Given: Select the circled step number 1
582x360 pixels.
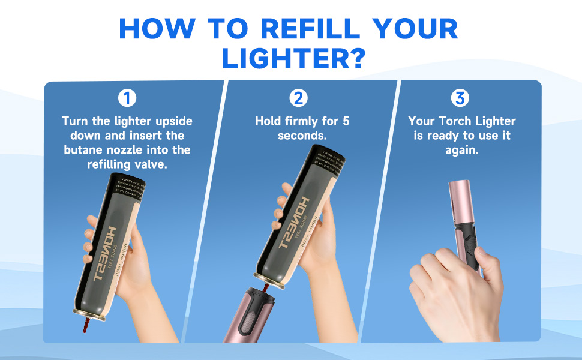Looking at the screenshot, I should (x=127, y=98).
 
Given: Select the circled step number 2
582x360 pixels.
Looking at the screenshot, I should (x=298, y=98).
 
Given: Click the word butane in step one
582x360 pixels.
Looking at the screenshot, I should (x=86, y=149).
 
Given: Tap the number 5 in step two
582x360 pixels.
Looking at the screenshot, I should (x=346, y=121).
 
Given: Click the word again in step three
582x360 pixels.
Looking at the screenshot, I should (x=461, y=150).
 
